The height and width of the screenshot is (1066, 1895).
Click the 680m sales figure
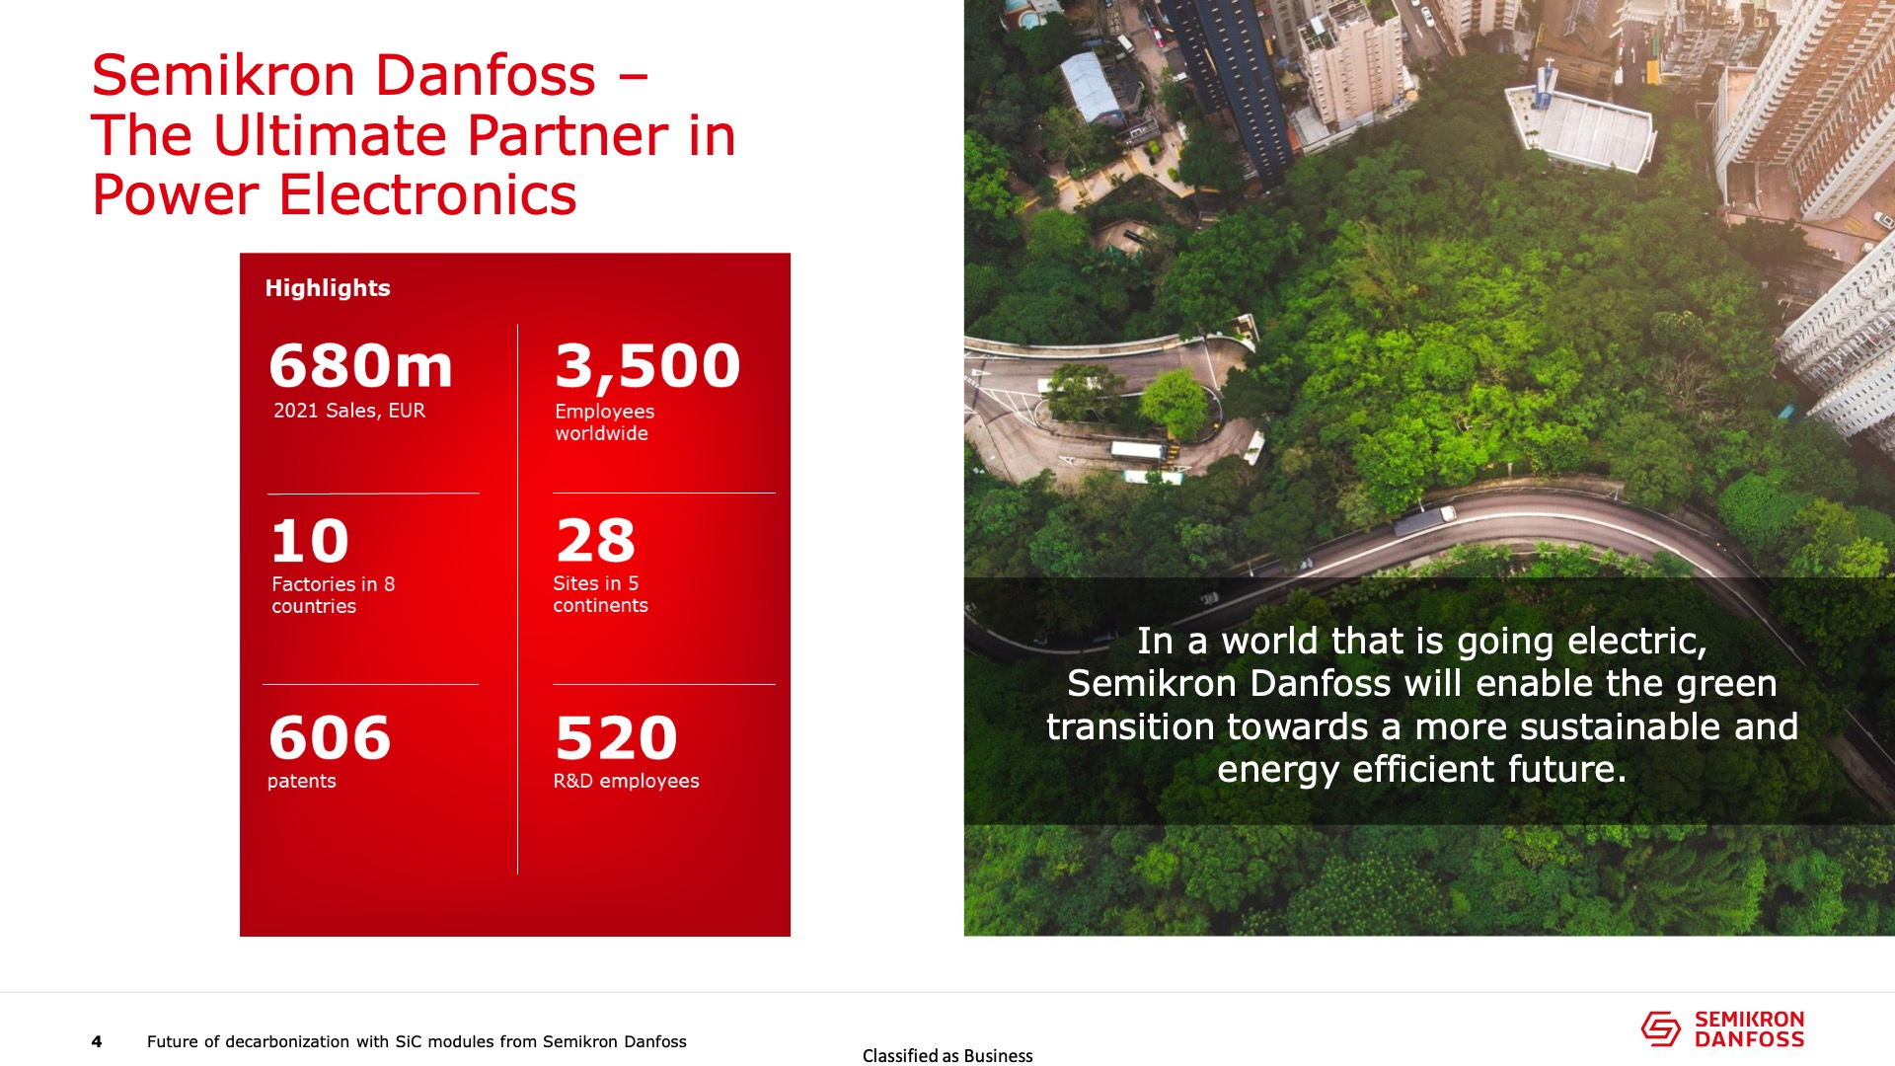361,365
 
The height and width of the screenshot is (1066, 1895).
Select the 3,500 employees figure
647,367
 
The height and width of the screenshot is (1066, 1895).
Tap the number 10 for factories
310,541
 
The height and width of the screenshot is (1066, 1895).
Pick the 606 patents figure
330,737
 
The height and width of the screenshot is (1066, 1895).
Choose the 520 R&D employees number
616,737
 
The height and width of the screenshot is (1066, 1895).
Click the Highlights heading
328,288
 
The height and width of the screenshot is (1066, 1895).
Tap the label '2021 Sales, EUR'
349,411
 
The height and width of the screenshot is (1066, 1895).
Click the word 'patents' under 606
302,781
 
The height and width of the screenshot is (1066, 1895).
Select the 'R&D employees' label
626,781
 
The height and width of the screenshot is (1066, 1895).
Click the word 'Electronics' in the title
427,194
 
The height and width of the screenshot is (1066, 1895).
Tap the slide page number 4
97,1041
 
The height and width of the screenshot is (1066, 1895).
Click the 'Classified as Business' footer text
947,1056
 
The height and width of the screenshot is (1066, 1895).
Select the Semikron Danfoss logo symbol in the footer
1660,1028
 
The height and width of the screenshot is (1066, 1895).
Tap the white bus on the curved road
1138,451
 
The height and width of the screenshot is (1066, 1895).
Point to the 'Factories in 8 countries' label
334,595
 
